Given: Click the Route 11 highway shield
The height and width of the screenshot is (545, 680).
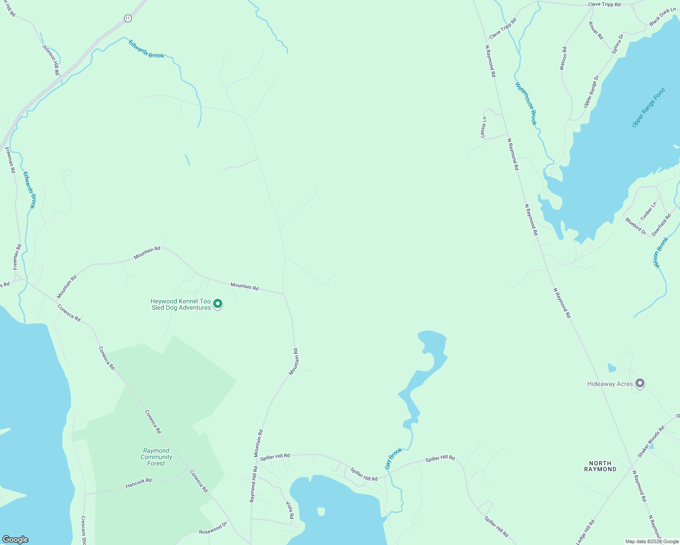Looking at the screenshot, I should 128,18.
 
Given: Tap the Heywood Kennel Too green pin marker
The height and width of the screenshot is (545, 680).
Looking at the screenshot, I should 218,303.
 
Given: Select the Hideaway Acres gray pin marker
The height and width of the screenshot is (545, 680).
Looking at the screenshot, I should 640,384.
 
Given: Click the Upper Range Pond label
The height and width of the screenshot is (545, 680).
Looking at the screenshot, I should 648,108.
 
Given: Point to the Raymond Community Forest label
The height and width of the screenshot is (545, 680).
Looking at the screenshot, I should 156,457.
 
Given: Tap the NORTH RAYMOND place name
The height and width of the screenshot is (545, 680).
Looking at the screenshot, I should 600,466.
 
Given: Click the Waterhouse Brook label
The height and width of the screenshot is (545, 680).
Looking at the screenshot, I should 526,104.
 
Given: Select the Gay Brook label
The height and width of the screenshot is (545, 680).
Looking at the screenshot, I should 394,458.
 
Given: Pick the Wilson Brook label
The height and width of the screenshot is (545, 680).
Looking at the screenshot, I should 661,253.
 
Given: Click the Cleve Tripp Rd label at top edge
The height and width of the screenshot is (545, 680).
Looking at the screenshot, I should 604,5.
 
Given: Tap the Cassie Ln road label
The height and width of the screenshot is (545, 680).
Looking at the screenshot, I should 484,127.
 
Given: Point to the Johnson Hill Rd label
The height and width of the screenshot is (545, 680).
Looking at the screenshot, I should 50,59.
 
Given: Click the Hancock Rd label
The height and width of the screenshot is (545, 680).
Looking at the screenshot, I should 139,484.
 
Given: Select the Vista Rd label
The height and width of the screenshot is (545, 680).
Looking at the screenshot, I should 290,510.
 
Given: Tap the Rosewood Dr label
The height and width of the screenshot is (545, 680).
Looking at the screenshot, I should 213,529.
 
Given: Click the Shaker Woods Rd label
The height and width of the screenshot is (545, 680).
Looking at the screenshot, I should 651,441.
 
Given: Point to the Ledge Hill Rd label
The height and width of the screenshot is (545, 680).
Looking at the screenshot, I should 585,532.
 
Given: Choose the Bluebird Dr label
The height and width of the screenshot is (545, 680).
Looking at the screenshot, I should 635,226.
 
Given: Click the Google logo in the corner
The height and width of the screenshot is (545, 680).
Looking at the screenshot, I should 15,540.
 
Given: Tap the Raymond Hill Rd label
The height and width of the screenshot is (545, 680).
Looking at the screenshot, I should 253,484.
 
